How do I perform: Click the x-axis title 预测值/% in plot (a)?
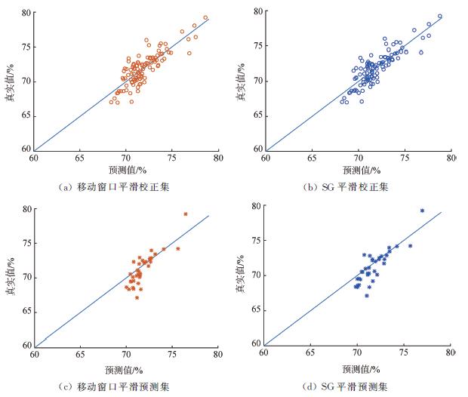pyautogui.click(x=126, y=171)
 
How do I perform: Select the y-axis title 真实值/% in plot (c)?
pyautogui.click(x=11, y=278)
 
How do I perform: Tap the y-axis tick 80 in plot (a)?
pyautogui.click(x=27, y=13)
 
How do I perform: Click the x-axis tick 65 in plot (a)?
pyautogui.click(x=80, y=158)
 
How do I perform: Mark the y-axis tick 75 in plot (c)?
pyautogui.click(x=26, y=243)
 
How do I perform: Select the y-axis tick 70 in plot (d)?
pyautogui.click(x=256, y=275)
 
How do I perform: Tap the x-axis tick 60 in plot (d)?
pyautogui.click(x=264, y=352)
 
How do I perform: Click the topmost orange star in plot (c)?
pyautogui.click(x=185, y=214)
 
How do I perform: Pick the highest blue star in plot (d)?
pyautogui.click(x=422, y=211)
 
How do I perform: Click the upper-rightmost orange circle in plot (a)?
pyautogui.click(x=205, y=17)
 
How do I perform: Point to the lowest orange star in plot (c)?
pyautogui.click(x=137, y=297)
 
